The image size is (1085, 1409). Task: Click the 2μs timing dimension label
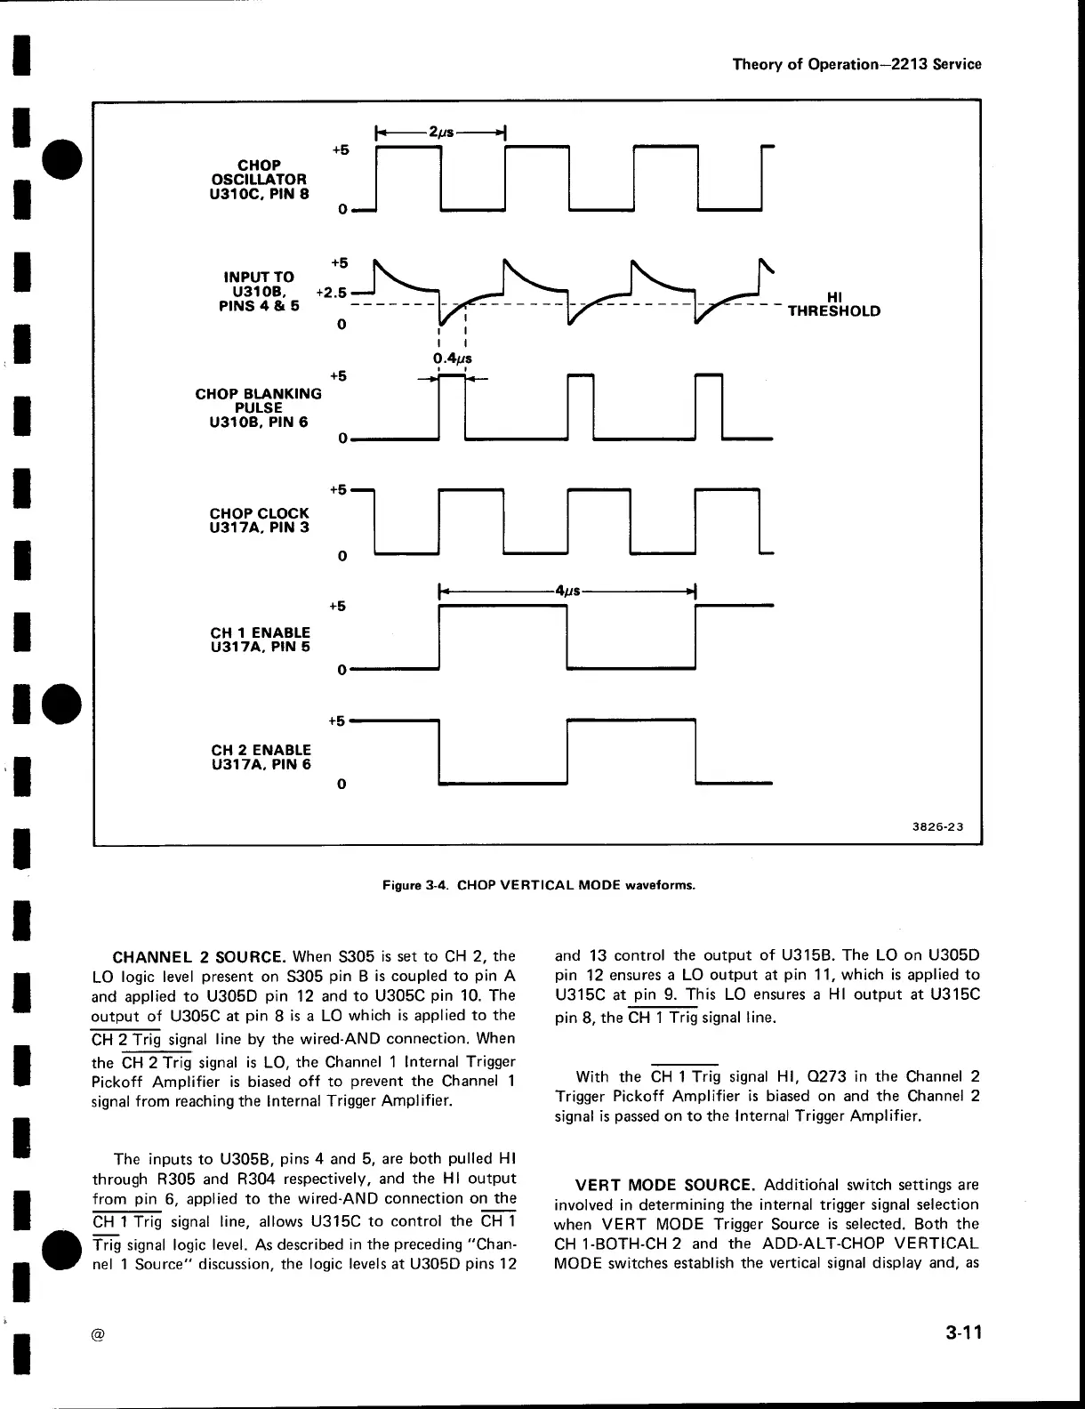pos(441,133)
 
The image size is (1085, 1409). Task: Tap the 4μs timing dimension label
pos(567,591)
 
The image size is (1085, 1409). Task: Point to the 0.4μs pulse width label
pos(452,358)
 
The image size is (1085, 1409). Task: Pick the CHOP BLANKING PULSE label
pos(258,407)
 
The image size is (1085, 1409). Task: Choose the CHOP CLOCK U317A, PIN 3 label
pos(260,520)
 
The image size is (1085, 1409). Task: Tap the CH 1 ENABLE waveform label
pos(260,640)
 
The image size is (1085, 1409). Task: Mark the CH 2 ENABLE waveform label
pos(261,756)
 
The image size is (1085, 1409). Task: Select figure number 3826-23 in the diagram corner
pos(937,826)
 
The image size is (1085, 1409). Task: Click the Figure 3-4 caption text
pos(538,885)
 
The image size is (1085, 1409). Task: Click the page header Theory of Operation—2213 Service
pos(856,64)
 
